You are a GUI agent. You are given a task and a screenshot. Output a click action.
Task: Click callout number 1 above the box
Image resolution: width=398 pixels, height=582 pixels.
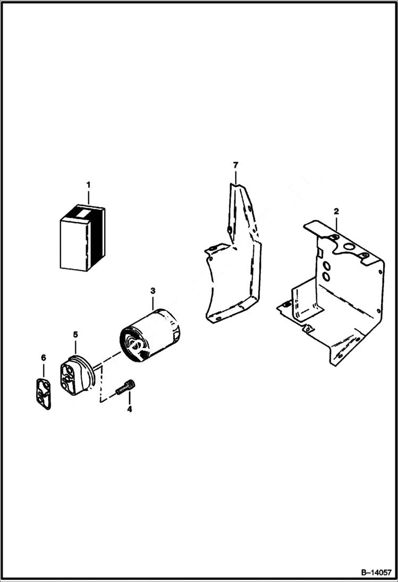tap(88, 185)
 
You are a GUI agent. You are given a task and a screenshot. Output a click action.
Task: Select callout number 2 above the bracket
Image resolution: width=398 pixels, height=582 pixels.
tap(336, 212)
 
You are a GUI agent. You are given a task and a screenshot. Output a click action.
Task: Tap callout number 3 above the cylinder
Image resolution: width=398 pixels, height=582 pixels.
tap(153, 291)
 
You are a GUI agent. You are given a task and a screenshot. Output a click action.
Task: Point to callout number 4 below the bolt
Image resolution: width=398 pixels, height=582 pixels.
tap(129, 409)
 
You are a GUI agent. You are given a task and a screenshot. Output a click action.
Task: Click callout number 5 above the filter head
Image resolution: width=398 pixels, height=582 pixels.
tap(75, 334)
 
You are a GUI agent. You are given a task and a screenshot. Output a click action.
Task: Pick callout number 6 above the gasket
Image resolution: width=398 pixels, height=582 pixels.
tap(44, 358)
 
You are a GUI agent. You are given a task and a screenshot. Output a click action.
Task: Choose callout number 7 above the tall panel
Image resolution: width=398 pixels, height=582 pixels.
tap(235, 166)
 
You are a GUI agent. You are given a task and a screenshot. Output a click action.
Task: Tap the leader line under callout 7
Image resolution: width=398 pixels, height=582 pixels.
tap(235, 177)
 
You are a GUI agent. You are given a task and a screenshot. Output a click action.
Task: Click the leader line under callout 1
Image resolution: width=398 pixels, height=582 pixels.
tap(88, 196)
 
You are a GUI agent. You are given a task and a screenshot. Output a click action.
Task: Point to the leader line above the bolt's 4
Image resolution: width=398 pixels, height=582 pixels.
tap(129, 399)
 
